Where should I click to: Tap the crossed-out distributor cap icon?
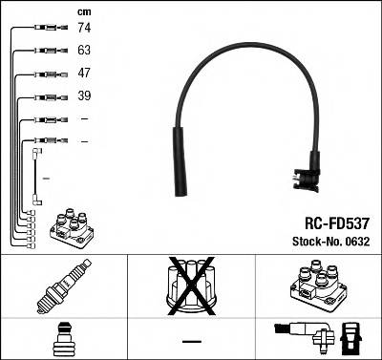pyautogui.click(x=192, y=287)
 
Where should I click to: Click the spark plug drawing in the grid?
pyautogui.click(x=61, y=287)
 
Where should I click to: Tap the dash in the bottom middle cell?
pyautogui.click(x=192, y=341)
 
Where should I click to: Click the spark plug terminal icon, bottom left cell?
pyautogui.click(x=61, y=338)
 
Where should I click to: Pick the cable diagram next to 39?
pyautogui.click(x=43, y=97)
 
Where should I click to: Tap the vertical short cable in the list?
pyautogui.click(x=36, y=176)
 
